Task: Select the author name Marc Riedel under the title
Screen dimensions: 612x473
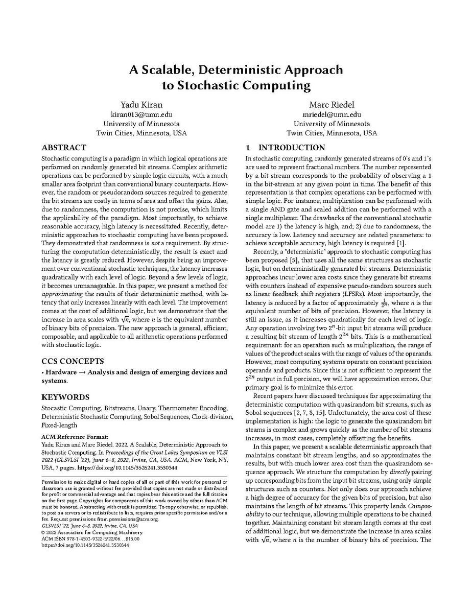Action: (332, 105)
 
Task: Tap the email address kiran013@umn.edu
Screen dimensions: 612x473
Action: (141, 114)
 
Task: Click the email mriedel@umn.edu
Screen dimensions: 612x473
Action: (332, 114)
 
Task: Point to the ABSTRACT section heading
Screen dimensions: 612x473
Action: (64, 148)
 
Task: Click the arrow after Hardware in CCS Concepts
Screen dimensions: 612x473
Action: (82, 372)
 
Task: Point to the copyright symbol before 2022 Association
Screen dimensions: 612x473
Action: (43, 532)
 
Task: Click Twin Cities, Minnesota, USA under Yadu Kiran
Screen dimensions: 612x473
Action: (141, 133)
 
